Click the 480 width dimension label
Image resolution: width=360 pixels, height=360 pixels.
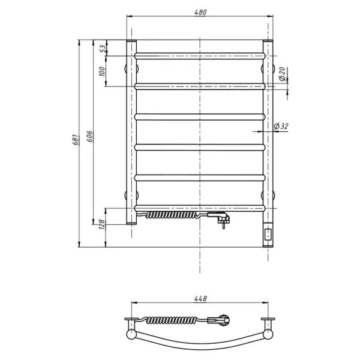[200, 12]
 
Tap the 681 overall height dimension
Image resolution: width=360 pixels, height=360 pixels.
[76, 140]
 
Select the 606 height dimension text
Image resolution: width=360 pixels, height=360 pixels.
[90, 136]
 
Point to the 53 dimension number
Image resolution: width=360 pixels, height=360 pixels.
[104, 49]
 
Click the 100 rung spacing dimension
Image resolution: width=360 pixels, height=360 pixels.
[102, 71]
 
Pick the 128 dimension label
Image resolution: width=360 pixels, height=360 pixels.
[102, 224]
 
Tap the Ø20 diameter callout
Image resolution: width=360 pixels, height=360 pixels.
[282, 74]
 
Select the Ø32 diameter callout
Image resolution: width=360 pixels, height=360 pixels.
[281, 126]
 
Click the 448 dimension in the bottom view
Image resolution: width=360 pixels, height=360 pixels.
[200, 298]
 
